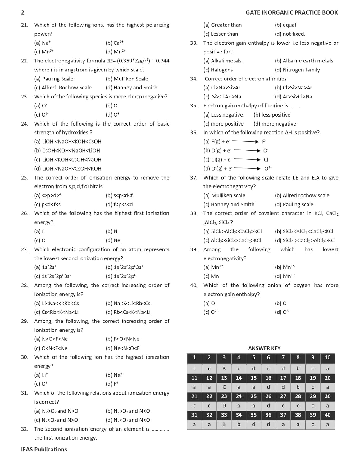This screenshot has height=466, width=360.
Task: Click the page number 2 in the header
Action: [23, 12]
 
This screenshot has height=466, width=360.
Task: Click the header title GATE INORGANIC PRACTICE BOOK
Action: [292, 12]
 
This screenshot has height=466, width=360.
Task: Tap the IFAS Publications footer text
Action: [44, 449]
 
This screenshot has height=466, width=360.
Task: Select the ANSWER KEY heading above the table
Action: [264, 348]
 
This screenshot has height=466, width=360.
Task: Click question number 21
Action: [25, 25]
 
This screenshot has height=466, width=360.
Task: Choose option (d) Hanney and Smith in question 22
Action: [131, 88]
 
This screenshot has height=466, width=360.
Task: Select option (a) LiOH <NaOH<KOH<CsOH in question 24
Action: [68, 141]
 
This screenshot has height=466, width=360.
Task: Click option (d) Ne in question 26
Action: [113, 240]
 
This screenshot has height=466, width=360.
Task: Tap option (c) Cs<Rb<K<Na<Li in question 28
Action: [56, 312]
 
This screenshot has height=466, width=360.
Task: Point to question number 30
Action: [25, 357]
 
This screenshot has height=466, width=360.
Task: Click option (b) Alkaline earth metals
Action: [304, 61]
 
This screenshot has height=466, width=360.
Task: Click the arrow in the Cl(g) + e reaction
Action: [247, 160]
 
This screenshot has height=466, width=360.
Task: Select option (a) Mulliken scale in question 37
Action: [224, 195]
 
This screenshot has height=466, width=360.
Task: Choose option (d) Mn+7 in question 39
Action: [285, 276]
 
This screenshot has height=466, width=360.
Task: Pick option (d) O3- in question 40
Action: [282, 312]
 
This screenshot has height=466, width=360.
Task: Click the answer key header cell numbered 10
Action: [328, 358]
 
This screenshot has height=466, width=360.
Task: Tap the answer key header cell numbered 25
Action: [253, 396]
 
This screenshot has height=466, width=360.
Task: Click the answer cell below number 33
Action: [224, 424]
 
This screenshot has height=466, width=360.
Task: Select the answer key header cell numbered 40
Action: [328, 415]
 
